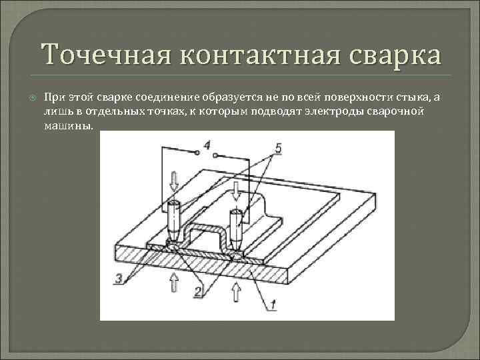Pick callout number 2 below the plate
click(197, 291)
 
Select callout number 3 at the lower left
click(119, 279)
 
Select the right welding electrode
click(235, 227)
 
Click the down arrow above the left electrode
click(174, 179)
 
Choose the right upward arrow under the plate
click(235, 291)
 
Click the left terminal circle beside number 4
click(198, 153)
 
